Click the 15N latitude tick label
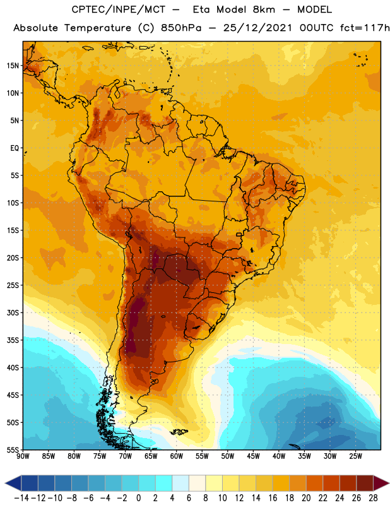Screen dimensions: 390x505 pyautogui.click(x=13, y=66)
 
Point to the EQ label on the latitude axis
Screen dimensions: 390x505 pyautogui.click(x=15, y=148)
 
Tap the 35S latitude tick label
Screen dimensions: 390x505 pyautogui.click(x=13, y=340)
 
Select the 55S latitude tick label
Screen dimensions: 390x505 pyautogui.click(x=13, y=449)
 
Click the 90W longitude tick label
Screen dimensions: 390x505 pyautogui.click(x=23, y=456)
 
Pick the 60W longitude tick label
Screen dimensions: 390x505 pyautogui.click(x=177, y=456)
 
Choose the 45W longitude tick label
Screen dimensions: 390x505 pyautogui.click(x=253, y=456)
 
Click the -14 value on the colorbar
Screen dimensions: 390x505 pyautogui.click(x=21, y=498)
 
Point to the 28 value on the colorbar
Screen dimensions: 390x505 pyautogui.click(x=373, y=498)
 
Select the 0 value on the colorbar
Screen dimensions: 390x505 pyautogui.click(x=138, y=498)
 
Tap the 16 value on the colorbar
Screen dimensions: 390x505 pyautogui.click(x=273, y=498)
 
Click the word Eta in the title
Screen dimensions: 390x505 pyautogui.click(x=201, y=9)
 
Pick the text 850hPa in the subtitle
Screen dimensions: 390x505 pyautogui.click(x=181, y=28)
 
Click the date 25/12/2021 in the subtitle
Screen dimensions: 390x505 pyautogui.click(x=257, y=28)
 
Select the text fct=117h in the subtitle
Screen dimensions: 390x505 pyautogui.click(x=365, y=28)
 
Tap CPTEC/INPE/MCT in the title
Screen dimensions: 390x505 pyautogui.click(x=119, y=9)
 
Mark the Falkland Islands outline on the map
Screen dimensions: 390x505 pyautogui.click(x=179, y=432)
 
